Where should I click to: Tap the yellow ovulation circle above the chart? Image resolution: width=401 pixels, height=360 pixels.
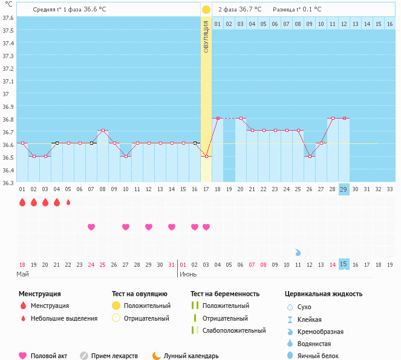point(206,10)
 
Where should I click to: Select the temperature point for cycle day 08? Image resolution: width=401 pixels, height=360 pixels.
point(103,131)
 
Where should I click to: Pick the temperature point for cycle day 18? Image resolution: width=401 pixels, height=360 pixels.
point(218,118)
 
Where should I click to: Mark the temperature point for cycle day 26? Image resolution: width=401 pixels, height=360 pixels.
point(310,156)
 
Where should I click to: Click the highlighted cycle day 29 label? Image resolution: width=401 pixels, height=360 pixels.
point(344,189)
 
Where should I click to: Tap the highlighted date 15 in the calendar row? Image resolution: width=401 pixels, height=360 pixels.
point(344,264)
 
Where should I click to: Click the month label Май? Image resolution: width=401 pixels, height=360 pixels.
point(22,274)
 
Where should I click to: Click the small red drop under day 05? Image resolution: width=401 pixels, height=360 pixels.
point(68,202)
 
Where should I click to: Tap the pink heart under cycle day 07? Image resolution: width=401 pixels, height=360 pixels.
point(91,227)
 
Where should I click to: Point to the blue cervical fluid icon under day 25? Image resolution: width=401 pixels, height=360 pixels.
point(298,252)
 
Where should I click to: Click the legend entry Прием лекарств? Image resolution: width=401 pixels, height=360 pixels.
point(114,356)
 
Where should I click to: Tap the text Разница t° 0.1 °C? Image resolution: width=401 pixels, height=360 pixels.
point(297,10)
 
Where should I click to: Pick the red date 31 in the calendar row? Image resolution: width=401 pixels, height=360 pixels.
point(172,264)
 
